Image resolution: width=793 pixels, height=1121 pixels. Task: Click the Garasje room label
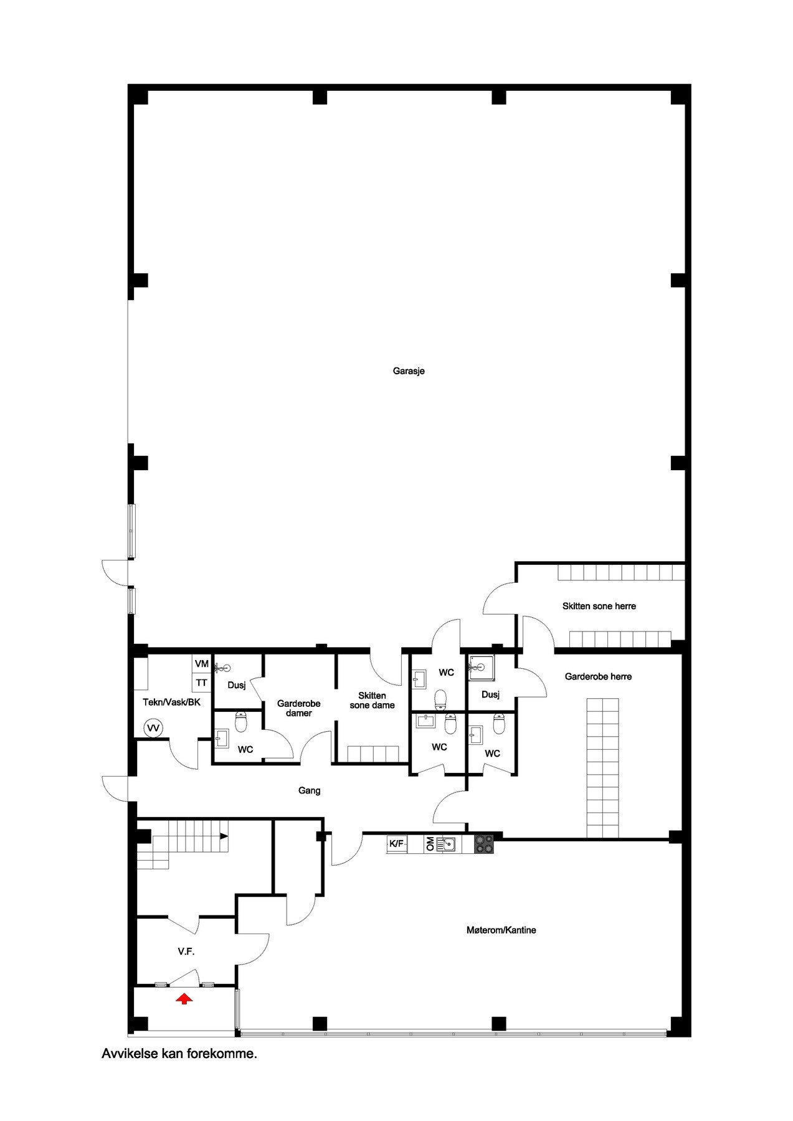click(x=409, y=371)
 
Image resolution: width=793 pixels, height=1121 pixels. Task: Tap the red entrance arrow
click(x=184, y=999)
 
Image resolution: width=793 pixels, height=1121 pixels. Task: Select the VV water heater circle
click(x=153, y=727)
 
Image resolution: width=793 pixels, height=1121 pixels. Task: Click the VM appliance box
click(x=201, y=664)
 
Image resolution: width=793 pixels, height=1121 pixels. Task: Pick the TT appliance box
click(x=201, y=683)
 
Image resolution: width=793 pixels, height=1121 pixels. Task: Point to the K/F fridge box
click(x=397, y=844)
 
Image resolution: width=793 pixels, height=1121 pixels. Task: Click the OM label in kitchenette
click(x=430, y=844)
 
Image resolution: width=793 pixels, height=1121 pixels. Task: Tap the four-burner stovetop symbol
click(x=484, y=844)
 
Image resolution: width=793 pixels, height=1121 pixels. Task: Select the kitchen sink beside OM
click(x=448, y=844)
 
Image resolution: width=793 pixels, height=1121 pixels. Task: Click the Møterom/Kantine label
click(x=501, y=930)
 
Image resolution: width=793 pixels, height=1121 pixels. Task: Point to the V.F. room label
click(x=187, y=952)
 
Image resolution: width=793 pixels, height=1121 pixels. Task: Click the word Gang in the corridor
click(x=310, y=791)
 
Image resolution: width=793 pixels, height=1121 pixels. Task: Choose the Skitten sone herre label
click(x=599, y=606)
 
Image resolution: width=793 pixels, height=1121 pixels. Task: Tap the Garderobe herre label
click(x=598, y=676)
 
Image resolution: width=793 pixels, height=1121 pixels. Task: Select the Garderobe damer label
click(x=299, y=708)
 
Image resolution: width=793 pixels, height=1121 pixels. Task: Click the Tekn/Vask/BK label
click(x=172, y=702)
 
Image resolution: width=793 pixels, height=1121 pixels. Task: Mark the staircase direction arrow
click(x=224, y=835)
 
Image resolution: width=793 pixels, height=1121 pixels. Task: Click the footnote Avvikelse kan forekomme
click(x=179, y=1054)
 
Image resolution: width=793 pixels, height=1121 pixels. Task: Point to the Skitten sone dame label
click(x=372, y=701)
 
